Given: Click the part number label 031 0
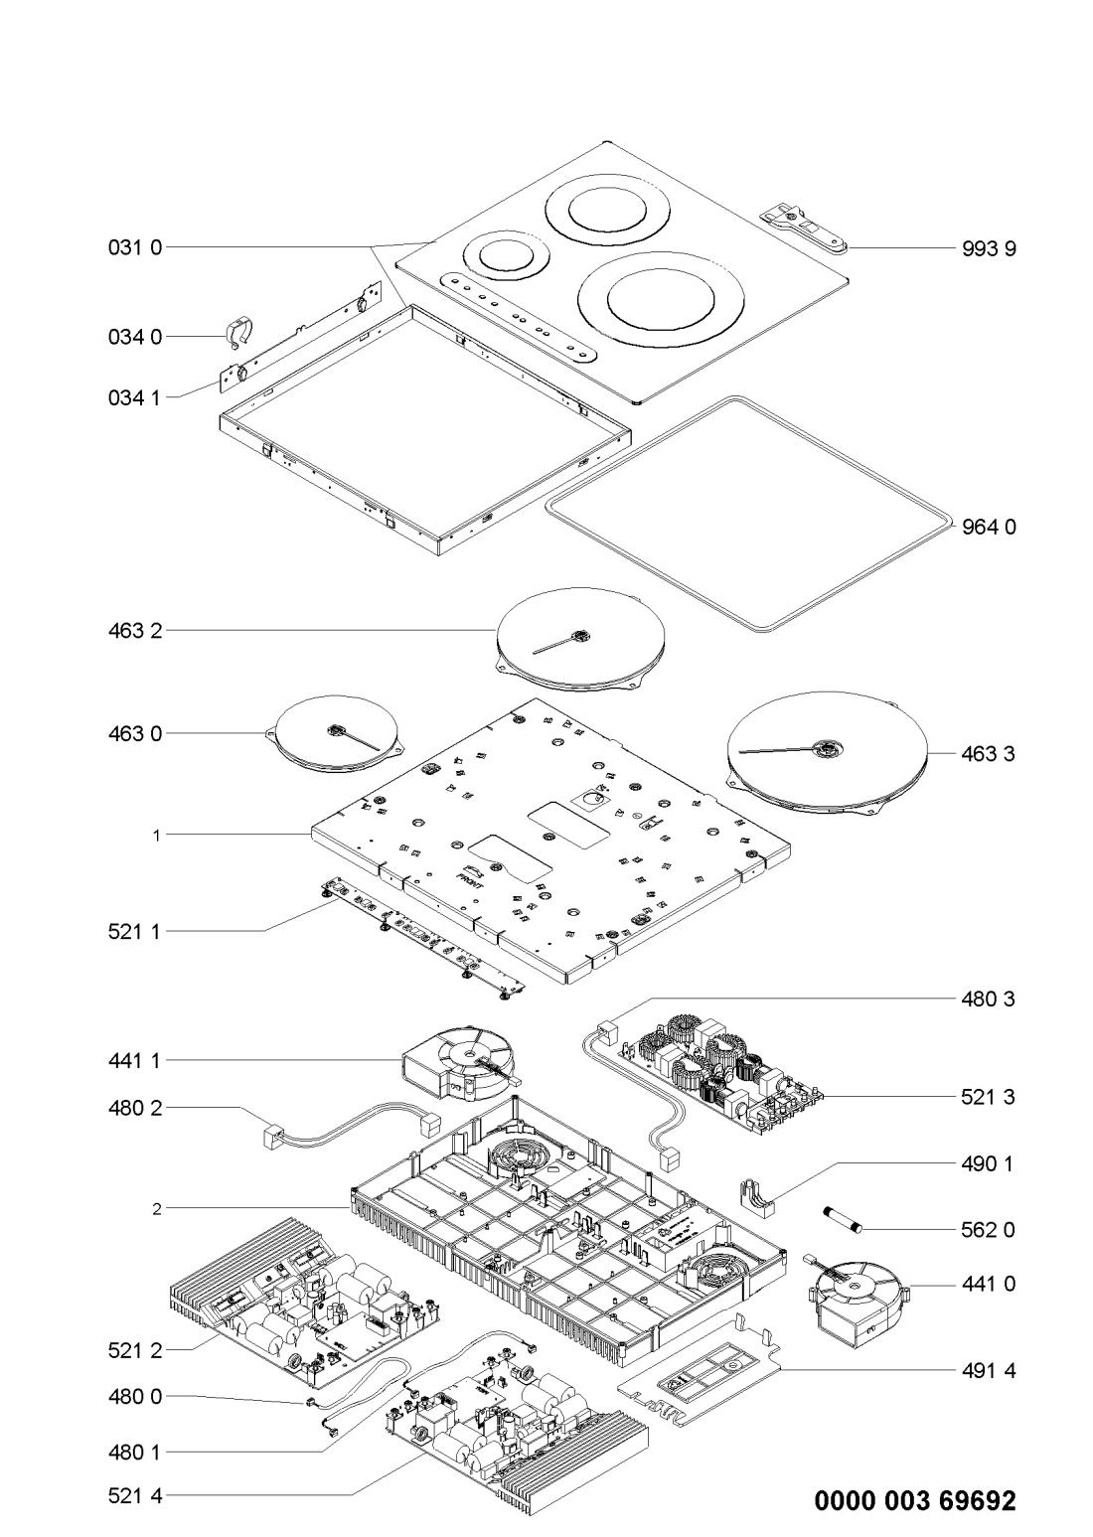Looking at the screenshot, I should (133, 246).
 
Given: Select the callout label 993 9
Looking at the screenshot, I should (989, 249).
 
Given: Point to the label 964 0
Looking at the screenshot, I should (989, 527).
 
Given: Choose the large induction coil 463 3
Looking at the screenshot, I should (825, 753).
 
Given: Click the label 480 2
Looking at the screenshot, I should (133, 1107).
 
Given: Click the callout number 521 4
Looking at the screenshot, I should (133, 1494).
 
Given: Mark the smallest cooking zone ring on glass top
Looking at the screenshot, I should (507, 256).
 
